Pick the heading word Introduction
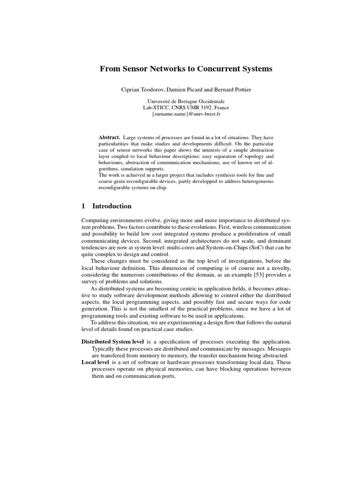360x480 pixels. click(112, 206)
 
